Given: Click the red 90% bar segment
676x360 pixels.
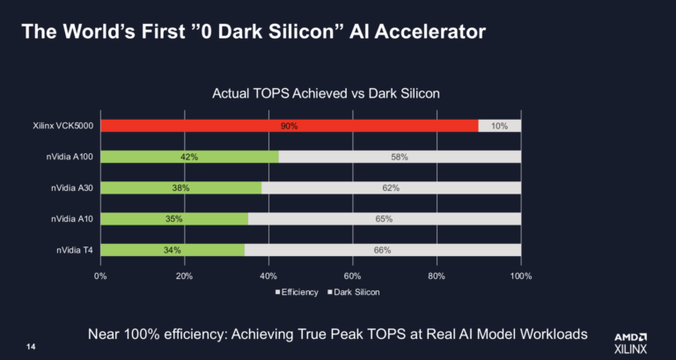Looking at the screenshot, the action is tap(290, 126).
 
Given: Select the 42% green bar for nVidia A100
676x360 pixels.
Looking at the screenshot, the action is tap(190, 157).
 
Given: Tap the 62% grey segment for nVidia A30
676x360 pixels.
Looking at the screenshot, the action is tap(391, 188).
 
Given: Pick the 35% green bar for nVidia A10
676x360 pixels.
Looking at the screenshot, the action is tap(174, 219).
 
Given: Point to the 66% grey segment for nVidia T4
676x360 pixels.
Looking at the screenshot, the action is tap(382, 250).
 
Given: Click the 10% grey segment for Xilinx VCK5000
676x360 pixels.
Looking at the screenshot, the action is tap(500, 126).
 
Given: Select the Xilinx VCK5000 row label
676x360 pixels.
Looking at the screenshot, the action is tap(63, 127).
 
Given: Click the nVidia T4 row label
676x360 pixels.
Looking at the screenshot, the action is tap(75, 250).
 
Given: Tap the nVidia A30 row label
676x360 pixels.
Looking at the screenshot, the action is tap(72, 188).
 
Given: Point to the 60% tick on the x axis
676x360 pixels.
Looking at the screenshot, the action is tap(353, 276).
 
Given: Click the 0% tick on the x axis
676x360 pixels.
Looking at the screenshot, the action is tap(100, 276).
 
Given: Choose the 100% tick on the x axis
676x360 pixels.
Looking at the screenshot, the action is tap(521, 276).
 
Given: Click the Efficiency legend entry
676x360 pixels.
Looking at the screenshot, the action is tap(297, 292).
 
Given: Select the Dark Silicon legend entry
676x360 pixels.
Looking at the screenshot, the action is tap(354, 292).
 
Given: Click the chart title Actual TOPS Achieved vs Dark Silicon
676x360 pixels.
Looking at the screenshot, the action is tap(326, 93).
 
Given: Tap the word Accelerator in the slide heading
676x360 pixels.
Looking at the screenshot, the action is tap(430, 32).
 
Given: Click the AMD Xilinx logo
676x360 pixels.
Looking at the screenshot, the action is tap(630, 343).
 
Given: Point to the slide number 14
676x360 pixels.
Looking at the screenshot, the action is tap(31, 347).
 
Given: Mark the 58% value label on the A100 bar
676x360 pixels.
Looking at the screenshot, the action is tap(400, 157).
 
